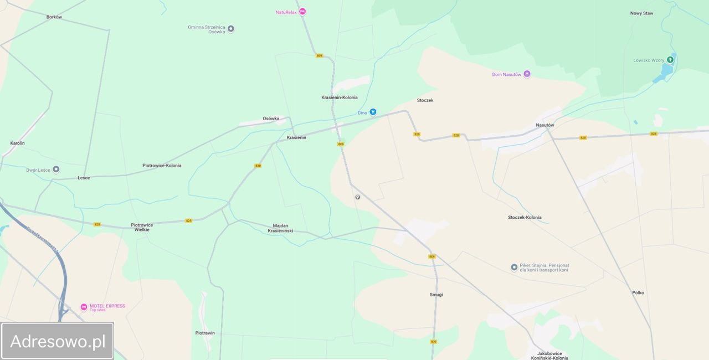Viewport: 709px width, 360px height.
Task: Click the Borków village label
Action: pos(54,17)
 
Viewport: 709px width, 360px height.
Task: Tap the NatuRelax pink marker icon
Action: pos(302,12)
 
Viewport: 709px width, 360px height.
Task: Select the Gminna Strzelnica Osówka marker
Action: pos(231,29)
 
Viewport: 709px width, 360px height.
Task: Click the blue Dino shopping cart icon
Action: pos(373,112)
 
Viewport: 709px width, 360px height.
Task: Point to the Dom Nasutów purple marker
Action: pos(527,74)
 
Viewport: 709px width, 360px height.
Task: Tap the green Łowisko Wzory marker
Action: pos(670,60)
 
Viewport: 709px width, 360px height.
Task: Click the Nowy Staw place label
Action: pos(641,13)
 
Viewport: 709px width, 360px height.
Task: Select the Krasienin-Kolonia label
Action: pos(339,97)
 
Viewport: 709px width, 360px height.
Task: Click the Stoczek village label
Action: pos(425,100)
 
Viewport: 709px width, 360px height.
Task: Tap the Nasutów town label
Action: pos(544,125)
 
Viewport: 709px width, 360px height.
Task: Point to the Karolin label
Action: pos(17,143)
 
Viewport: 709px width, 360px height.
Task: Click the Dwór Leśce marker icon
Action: pos(56,169)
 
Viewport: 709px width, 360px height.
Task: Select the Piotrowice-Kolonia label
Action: pos(162,166)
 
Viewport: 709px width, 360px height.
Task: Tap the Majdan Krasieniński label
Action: pos(283,228)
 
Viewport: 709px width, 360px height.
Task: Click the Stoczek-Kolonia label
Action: pos(525,218)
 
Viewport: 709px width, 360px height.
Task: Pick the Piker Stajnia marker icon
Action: pos(514,268)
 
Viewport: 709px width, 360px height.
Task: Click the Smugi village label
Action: pos(436,295)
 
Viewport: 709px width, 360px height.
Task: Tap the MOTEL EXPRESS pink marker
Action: pos(84,307)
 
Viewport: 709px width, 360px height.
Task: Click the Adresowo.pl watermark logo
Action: pos(58,341)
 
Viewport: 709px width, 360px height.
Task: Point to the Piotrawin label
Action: pos(205,333)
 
